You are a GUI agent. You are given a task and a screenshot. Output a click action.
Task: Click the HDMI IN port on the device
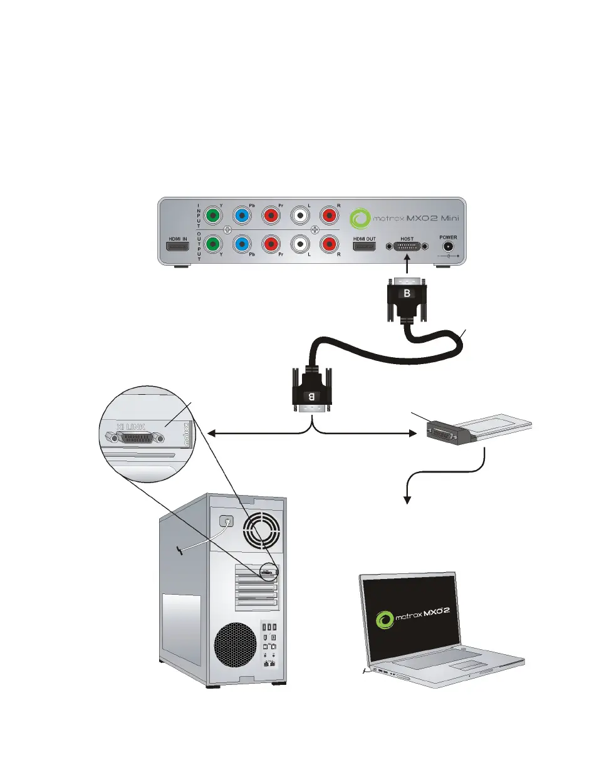click(177, 246)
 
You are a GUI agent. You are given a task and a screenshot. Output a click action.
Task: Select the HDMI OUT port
click(365, 246)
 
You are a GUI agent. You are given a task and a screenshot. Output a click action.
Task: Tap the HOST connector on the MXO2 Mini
click(408, 247)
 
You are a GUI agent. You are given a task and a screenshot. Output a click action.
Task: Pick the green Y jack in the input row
click(214, 215)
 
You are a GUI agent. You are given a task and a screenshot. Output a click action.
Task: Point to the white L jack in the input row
click(301, 215)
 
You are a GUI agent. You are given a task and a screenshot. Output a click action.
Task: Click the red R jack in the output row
click(330, 244)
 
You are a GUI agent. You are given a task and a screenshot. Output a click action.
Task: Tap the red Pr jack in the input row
click(272, 215)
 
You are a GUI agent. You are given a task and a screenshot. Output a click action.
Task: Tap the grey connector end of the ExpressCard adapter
click(444, 433)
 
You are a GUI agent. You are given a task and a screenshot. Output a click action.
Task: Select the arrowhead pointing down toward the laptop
click(409, 499)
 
